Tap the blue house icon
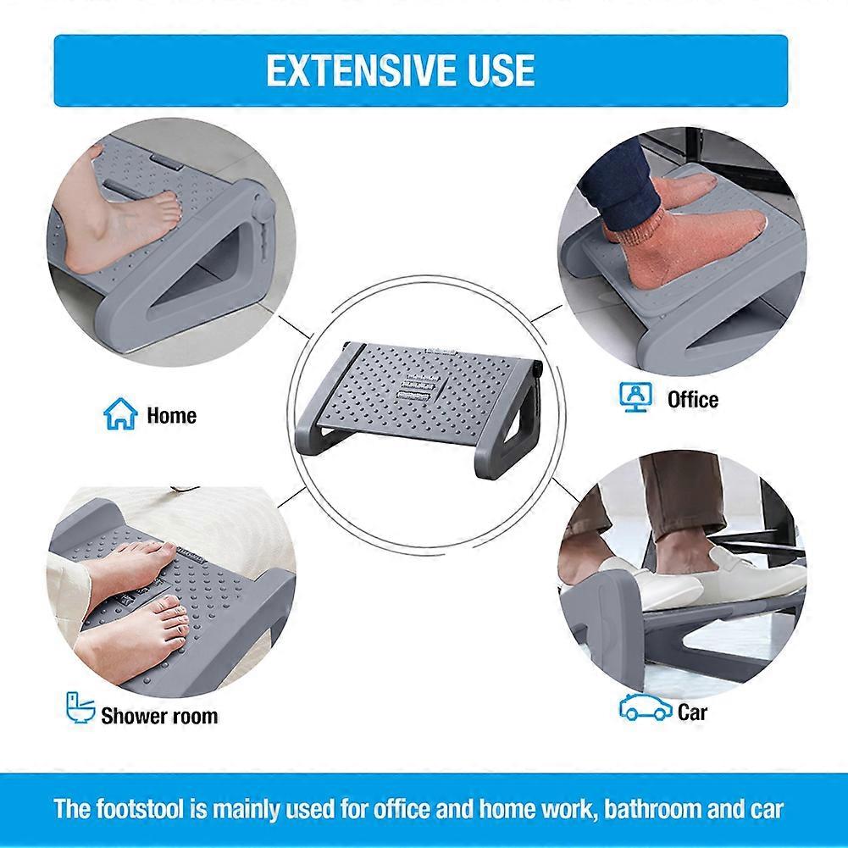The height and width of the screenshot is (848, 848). click(x=120, y=413)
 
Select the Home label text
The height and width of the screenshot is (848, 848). click(x=171, y=415)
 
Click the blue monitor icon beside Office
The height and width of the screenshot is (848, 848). click(x=635, y=397)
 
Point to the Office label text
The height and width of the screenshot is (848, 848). click(x=693, y=400)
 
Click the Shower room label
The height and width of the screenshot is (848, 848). click(x=159, y=716)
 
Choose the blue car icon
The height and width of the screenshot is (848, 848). click(x=646, y=708)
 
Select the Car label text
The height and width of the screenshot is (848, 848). click(x=692, y=712)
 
